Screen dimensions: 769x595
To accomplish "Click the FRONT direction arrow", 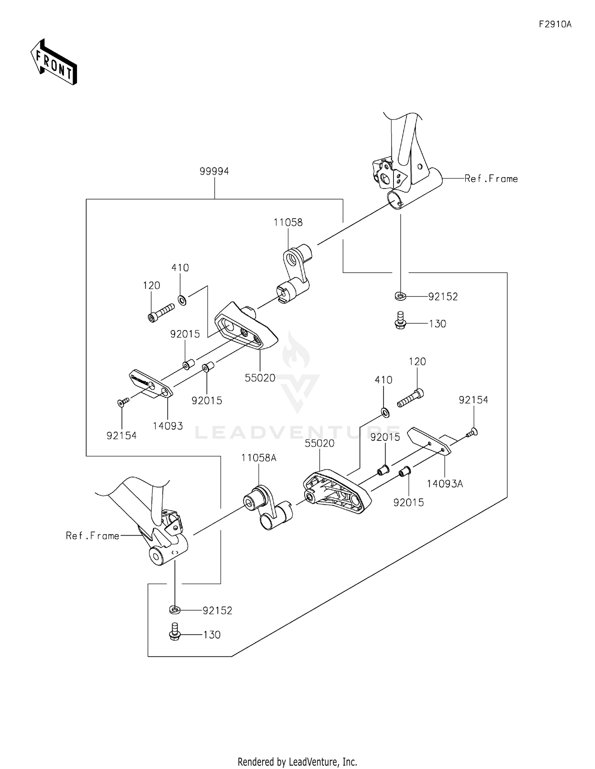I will pos(54,62).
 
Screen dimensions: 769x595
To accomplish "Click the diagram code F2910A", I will pos(555,24).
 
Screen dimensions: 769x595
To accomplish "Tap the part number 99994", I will pos(214,171).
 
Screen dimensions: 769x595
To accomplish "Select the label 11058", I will pos(288,223).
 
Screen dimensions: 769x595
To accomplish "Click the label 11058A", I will pos(259,458).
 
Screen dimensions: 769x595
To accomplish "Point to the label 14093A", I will pos(445,484).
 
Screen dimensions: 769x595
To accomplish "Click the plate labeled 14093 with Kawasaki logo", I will pos(151,384).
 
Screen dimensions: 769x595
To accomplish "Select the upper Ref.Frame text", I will pos(491,179).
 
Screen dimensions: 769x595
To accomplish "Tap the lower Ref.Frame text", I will pos(92,536).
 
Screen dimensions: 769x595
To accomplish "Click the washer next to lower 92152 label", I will pos(175,610).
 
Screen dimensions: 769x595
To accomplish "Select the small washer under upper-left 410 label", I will pos(182,300).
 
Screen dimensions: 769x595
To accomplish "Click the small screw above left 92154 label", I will pos(123,402).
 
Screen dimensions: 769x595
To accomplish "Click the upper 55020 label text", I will pos(260,378).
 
